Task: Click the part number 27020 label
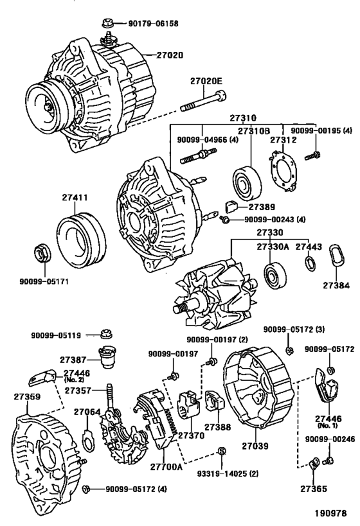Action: (x=169, y=55)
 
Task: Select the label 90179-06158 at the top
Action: (x=150, y=24)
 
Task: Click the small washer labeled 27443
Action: (x=309, y=263)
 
